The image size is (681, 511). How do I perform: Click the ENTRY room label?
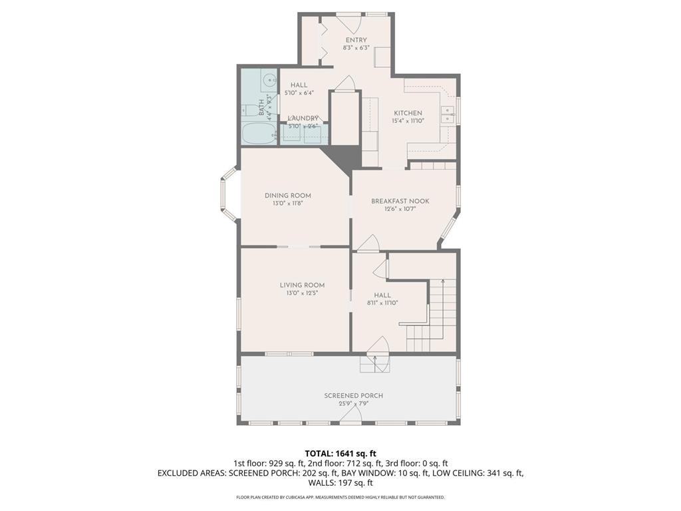[x=355, y=40]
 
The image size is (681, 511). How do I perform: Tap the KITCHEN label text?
[x=408, y=113]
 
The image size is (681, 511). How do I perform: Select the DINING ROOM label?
[x=287, y=196]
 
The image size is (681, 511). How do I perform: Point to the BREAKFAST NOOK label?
[x=400, y=201]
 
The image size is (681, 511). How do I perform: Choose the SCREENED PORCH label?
[x=353, y=396]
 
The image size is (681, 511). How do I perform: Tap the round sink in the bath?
[x=268, y=81]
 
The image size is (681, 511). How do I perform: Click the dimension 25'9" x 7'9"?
[x=353, y=403]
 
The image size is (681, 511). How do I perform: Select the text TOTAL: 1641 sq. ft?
[x=340, y=453]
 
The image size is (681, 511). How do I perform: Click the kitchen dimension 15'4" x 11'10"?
[x=408, y=121]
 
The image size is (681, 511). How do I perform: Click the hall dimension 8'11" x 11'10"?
[x=382, y=303]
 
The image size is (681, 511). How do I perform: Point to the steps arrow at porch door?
[x=375, y=363]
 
